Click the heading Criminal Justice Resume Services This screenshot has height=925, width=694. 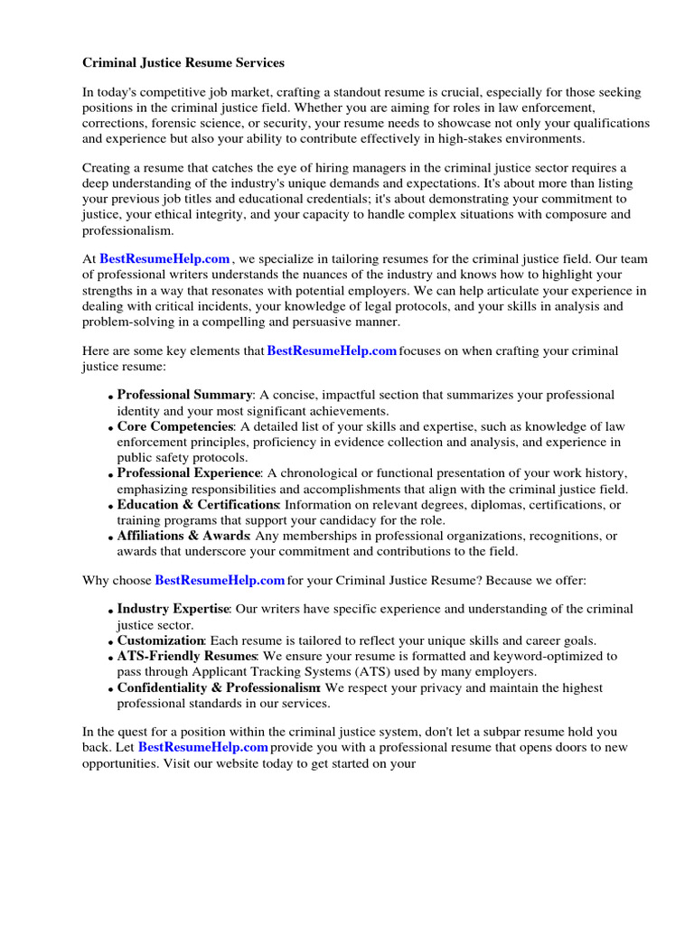[x=183, y=63]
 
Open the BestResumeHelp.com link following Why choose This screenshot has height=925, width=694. [x=220, y=579]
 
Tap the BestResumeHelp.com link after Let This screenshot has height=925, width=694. [x=203, y=748]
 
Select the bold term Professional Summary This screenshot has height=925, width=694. [x=184, y=395]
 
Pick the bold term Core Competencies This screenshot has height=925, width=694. [x=175, y=426]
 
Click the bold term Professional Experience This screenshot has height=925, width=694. [x=189, y=473]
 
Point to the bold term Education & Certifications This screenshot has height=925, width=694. [x=198, y=505]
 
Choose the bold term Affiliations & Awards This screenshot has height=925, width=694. [x=183, y=536]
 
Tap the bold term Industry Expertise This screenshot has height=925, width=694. [x=173, y=609]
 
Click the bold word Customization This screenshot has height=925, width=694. [x=160, y=640]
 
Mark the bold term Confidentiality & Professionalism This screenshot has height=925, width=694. [x=220, y=688]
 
